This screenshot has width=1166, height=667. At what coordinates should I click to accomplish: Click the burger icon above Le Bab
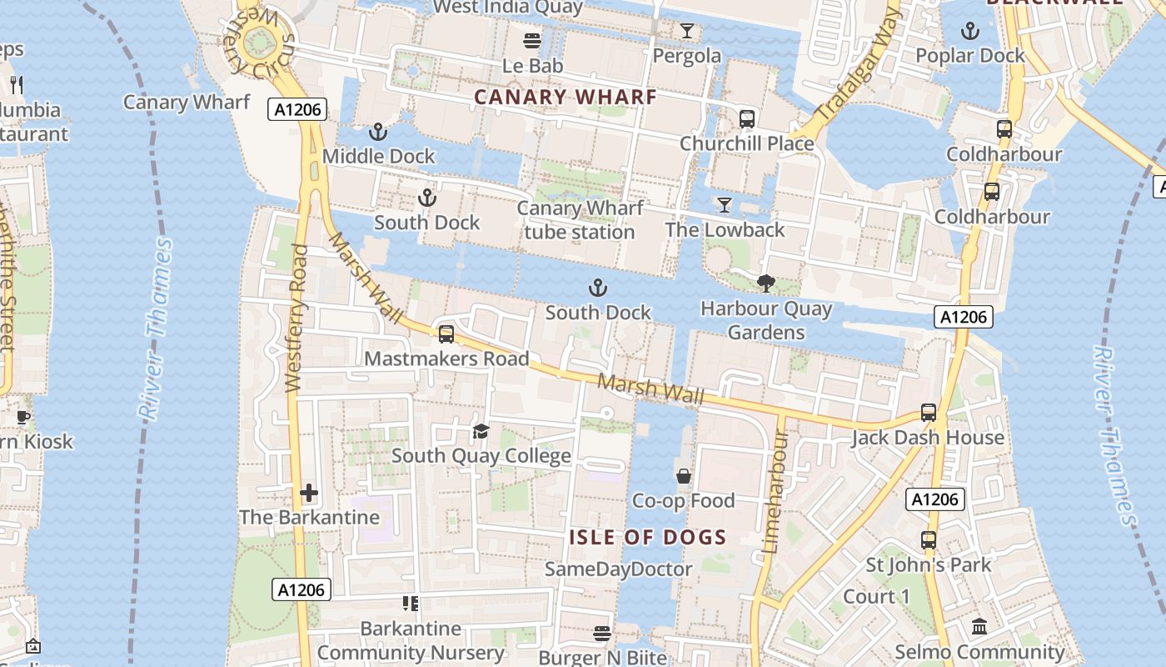pos(532,40)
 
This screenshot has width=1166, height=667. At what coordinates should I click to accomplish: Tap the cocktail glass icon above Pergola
pos(686,32)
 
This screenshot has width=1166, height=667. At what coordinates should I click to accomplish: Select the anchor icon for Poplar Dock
pos(969,32)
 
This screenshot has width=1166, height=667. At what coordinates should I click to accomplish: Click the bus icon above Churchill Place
pos(746,118)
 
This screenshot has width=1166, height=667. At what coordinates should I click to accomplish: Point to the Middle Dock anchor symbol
pos(378,132)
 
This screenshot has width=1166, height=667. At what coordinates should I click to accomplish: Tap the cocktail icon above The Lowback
pos(725,205)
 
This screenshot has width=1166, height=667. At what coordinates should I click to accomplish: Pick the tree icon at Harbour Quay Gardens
pos(766,283)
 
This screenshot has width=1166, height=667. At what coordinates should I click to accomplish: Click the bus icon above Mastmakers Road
pos(446,334)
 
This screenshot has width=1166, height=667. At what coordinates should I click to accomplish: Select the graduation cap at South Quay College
pos(481,431)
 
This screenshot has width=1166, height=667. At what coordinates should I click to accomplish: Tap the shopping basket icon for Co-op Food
pos(683,476)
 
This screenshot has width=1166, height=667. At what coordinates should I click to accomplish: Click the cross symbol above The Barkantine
pos(309,493)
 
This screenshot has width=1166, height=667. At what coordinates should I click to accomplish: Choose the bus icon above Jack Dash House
pos(928,413)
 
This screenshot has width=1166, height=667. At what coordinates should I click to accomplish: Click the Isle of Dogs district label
pos(648,538)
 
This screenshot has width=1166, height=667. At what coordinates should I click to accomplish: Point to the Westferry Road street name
pos(295,317)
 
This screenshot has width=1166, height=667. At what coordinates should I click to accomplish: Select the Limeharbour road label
pos(774,492)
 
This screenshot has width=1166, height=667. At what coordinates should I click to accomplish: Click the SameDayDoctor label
pos(618,569)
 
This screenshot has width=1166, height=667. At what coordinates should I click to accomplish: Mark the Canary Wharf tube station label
pos(580,220)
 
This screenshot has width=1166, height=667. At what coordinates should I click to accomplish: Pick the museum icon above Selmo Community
pos(979,626)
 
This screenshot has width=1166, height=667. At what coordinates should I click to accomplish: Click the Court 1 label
pos(876,597)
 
